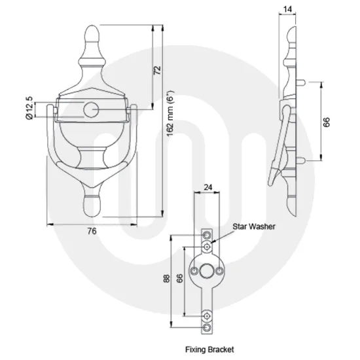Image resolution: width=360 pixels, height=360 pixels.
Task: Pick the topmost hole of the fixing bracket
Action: click(x=207, y=234)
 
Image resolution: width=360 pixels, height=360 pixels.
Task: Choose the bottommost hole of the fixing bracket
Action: click(x=207, y=325)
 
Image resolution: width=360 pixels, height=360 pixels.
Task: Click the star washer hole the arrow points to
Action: click(x=207, y=245)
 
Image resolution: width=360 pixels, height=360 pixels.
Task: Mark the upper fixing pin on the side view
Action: click(x=304, y=82)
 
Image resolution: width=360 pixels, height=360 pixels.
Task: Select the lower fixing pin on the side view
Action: click(x=304, y=160)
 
